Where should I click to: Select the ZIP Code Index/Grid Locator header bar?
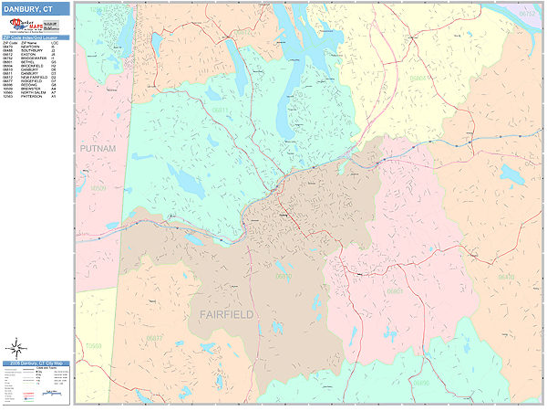(x=36, y=37)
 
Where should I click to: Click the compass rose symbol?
(x=16, y=347)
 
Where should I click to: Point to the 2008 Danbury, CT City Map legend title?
(x=36, y=363)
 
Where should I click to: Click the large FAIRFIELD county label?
(x=227, y=313)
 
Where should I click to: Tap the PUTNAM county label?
(x=98, y=146)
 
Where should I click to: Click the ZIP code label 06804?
(x=418, y=79)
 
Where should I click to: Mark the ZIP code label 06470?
(x=506, y=276)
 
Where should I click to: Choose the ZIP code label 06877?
(x=155, y=338)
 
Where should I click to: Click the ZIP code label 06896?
(x=420, y=382)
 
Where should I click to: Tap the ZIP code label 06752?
(x=527, y=15)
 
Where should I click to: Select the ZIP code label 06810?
(x=284, y=275)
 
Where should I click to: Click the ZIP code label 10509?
(x=98, y=188)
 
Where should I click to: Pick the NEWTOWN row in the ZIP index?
(x=36, y=46)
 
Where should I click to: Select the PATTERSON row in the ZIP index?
(x=36, y=96)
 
